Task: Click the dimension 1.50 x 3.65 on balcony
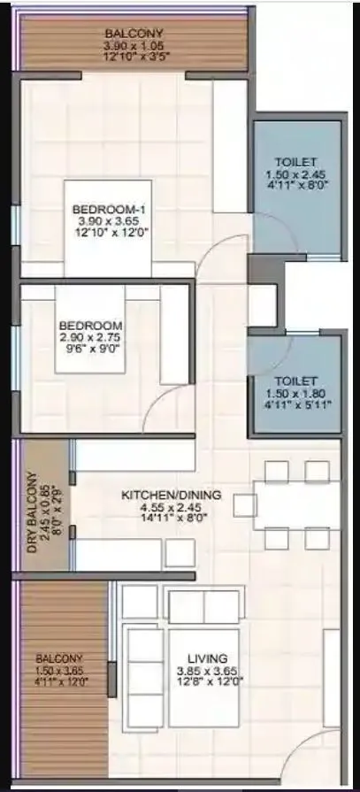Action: [x=59, y=670]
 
